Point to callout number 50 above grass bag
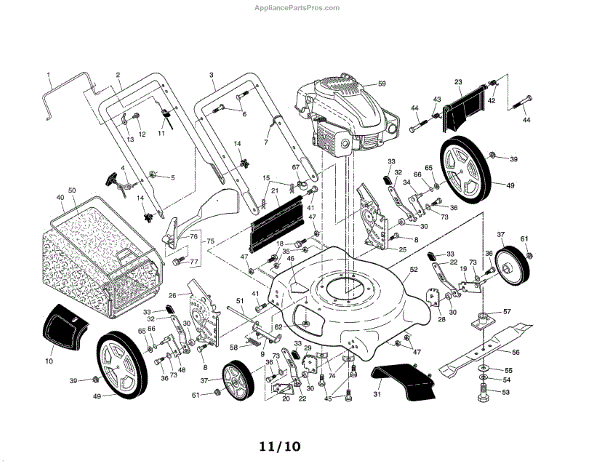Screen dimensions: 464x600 click(72, 190)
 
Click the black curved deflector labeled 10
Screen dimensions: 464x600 click(64, 322)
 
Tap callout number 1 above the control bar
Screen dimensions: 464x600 click(47, 75)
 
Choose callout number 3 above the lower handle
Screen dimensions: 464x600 click(212, 75)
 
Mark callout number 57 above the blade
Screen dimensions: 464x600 click(506, 312)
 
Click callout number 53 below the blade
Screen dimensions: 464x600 click(507, 393)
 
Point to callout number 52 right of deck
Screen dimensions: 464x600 click(413, 270)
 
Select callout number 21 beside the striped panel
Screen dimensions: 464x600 click(273, 191)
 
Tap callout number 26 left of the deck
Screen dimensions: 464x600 click(172, 295)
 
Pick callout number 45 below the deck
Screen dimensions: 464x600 click(328, 398)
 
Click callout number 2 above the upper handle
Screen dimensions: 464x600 click(118, 75)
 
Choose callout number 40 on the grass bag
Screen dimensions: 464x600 click(60, 199)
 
